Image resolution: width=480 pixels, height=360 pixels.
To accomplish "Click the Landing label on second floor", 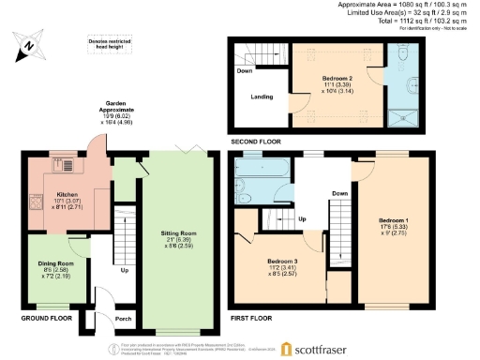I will tap(262, 95).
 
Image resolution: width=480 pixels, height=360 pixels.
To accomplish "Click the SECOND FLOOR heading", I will tap(256, 142).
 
